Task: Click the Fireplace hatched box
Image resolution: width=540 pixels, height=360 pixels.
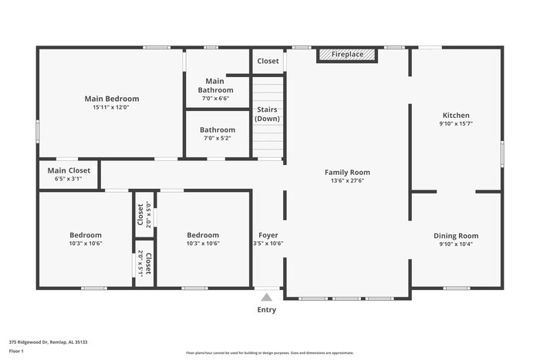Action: [346, 55]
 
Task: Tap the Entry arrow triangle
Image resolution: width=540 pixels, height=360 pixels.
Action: [266, 297]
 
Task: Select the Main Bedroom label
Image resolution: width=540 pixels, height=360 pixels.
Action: [112, 99]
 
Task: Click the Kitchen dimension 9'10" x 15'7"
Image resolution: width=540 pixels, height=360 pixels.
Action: [455, 123]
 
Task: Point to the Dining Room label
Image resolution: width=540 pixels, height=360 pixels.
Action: [455, 236]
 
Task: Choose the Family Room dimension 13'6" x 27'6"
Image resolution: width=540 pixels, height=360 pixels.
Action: [347, 180]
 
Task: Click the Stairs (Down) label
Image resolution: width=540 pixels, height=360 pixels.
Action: [268, 114]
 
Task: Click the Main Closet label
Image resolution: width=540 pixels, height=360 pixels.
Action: [69, 170]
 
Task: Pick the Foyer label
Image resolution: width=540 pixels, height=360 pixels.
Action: [268, 235]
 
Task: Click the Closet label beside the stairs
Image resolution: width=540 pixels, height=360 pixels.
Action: [268, 61]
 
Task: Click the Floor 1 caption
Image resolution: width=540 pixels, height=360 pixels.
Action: [16, 351]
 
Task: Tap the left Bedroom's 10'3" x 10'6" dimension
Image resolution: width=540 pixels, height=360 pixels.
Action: [85, 244]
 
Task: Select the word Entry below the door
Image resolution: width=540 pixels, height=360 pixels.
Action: [266, 310]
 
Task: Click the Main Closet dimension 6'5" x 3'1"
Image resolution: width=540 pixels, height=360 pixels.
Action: [69, 179]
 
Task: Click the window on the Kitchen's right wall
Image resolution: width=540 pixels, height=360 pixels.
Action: [501, 154]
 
